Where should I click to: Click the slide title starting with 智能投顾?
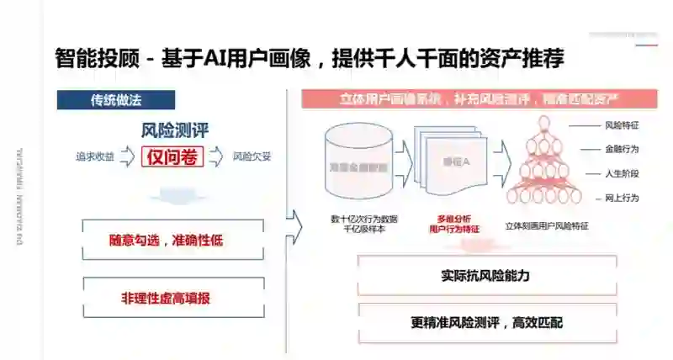(309, 60)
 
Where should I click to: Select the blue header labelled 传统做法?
(116, 99)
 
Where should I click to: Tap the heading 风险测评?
(175, 130)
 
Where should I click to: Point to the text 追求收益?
(95, 156)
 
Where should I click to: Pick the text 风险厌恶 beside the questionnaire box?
(252, 156)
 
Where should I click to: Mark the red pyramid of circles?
(542, 163)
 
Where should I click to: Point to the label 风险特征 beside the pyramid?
(621, 125)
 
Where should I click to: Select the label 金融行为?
(621, 149)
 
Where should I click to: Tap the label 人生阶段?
(621, 173)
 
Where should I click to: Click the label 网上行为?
(621, 198)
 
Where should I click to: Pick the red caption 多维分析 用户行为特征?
(454, 223)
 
